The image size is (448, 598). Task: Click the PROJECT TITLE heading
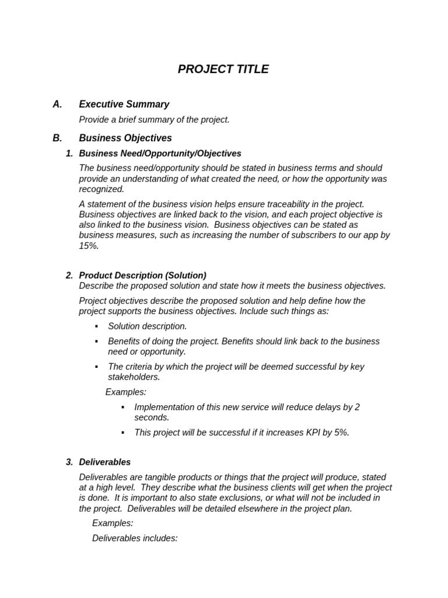223,69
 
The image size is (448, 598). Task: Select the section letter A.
57,105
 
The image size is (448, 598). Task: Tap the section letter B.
57,138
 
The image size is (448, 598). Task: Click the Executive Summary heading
124,105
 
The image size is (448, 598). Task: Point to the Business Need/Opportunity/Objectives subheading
160,154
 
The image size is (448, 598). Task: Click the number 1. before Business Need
69,154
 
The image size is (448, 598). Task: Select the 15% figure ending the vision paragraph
89,246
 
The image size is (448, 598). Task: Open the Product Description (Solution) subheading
142,275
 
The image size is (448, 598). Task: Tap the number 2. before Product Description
69,275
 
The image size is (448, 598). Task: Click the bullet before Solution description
96,326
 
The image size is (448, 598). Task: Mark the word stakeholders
134,377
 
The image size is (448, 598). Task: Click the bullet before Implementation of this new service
123,407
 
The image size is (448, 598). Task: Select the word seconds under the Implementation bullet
152,418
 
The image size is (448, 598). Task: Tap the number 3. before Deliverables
69,462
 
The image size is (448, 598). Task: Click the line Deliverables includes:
135,538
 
